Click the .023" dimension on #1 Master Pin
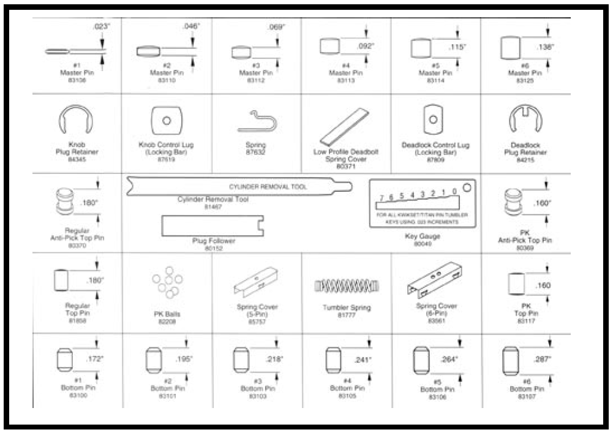[100, 27]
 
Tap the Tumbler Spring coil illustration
[347, 286]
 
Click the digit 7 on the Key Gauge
[382, 198]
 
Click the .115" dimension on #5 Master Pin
[440, 47]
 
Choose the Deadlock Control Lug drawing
[434, 119]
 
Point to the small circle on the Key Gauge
[467, 187]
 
